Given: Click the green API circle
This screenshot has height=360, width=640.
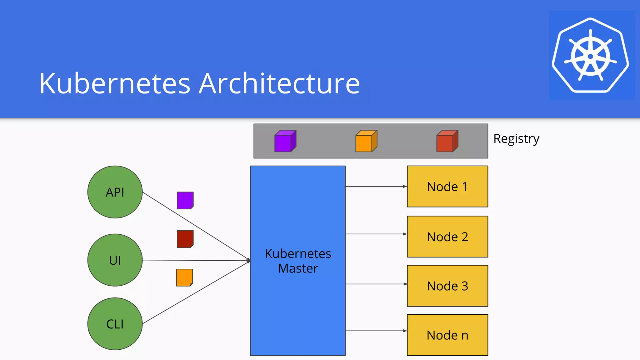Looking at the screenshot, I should (x=115, y=192).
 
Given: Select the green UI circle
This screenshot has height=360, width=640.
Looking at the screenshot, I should (x=115, y=260).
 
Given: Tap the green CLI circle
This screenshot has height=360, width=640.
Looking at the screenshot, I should (x=115, y=324).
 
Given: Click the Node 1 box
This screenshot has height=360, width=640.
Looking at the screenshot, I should (x=447, y=187).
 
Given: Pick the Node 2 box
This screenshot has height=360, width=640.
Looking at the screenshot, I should (x=447, y=237).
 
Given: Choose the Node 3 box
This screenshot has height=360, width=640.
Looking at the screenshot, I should (x=447, y=286).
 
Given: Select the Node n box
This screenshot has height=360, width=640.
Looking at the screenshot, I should (x=447, y=335).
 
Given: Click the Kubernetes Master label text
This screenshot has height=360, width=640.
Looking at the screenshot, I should (x=298, y=261).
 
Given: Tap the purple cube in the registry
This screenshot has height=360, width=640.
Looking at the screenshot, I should (x=285, y=141).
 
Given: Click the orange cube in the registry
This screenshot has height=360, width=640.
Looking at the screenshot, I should (x=366, y=141).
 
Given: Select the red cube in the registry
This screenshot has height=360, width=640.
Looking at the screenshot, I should (x=447, y=141).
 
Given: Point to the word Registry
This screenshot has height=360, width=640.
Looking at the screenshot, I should (x=516, y=139).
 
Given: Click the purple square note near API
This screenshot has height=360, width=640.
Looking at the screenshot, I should (x=185, y=200).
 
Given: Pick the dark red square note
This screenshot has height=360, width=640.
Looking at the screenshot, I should (x=185, y=239).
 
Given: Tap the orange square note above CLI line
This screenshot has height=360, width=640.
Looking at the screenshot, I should (x=184, y=277).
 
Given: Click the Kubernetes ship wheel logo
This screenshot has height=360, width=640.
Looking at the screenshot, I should (x=590, y=56).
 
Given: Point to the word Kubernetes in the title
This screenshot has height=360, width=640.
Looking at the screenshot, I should (x=115, y=83).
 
